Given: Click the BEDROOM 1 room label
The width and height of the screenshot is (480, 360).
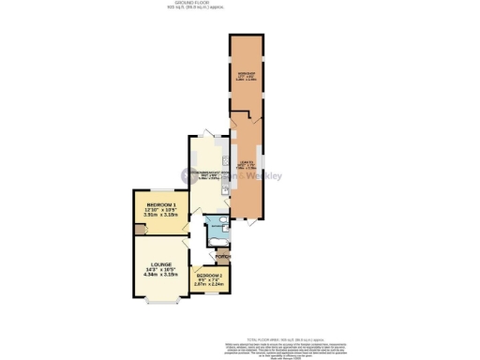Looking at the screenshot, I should point(161,204).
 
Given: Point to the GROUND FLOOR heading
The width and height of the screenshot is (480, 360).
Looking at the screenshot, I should point(239,4).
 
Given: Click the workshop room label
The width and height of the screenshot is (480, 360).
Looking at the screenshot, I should point(247,74).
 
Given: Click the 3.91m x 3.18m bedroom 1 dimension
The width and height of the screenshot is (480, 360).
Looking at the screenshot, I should point(160,215).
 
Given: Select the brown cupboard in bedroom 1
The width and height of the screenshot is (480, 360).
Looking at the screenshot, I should point(137,228).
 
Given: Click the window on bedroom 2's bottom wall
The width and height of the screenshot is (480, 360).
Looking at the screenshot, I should point(210,292).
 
